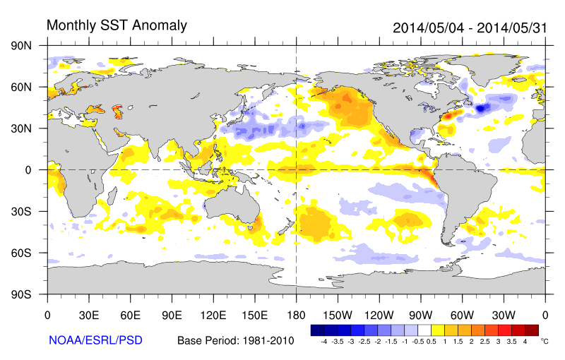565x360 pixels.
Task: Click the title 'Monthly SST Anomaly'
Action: click(117, 25)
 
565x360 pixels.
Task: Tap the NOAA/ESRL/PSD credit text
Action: click(95, 340)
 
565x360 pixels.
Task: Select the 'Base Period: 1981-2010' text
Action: click(236, 341)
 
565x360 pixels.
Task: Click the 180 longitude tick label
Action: click(296, 314)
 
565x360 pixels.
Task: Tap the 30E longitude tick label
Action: click(88, 314)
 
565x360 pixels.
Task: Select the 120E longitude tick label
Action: click(213, 314)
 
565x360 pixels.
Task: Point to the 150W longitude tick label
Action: click(338, 314)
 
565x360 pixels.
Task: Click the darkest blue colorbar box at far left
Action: click(317, 330)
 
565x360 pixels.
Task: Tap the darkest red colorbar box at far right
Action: click(532, 330)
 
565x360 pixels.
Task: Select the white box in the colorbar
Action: click(424, 330)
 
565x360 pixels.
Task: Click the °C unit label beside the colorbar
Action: click(545, 341)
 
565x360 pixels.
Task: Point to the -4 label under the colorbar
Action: click(323, 341)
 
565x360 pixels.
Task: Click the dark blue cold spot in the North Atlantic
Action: click(482, 108)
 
